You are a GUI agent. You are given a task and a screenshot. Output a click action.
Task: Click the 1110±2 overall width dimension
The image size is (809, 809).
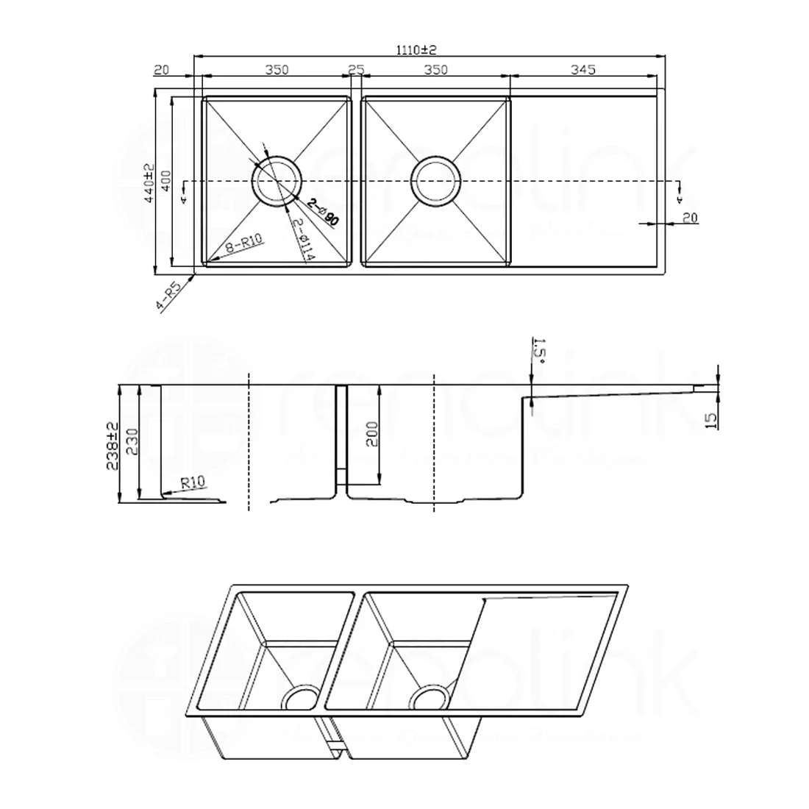(417, 50)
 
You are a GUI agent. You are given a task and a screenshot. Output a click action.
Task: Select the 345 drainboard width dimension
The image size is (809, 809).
(582, 70)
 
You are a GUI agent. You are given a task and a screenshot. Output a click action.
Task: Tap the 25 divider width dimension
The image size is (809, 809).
(356, 70)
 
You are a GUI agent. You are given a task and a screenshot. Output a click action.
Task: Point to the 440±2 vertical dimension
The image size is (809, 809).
(149, 183)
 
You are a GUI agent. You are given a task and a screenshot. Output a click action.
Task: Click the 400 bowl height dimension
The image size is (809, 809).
(167, 181)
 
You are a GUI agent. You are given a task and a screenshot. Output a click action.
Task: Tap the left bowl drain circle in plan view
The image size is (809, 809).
(277, 180)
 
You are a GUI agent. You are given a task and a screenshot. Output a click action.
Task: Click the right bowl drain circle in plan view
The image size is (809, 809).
(435, 180)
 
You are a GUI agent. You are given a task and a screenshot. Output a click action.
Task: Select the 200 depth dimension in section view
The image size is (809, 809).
(372, 435)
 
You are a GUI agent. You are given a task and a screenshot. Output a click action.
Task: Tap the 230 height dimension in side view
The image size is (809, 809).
(131, 443)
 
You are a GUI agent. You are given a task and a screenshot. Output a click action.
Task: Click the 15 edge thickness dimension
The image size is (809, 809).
(710, 420)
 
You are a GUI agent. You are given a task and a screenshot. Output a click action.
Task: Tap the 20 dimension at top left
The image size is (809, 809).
(162, 70)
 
